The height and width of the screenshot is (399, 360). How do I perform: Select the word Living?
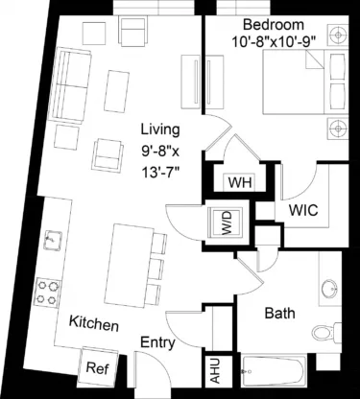(159, 129)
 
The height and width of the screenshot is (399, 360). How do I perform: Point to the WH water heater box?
(239, 182)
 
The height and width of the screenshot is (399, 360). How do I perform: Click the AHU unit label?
(215, 369)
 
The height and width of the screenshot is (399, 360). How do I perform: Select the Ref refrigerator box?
(96, 367)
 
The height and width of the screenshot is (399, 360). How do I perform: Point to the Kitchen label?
(93, 325)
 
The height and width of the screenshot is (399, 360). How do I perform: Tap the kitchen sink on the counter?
(54, 240)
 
